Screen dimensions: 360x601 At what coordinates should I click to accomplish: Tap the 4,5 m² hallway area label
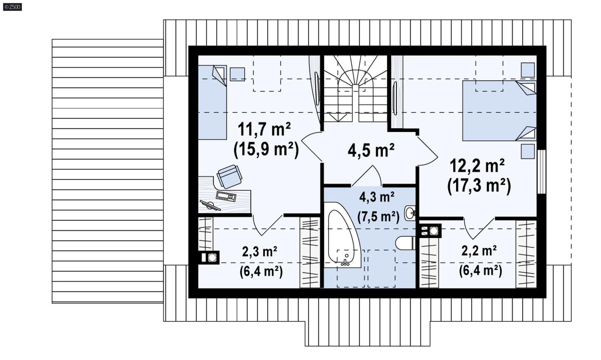click(371, 150)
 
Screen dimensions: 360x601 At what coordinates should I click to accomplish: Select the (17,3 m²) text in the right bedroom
click(479, 185)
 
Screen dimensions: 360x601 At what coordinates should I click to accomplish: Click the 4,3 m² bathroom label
click(377, 197)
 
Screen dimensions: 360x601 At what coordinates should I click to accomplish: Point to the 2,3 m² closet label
click(260, 252)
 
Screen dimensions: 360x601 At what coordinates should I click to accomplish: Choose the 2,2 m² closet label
click(479, 251)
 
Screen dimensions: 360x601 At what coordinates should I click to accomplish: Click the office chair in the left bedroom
click(229, 176)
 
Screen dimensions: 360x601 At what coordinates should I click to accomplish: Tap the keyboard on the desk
click(226, 196)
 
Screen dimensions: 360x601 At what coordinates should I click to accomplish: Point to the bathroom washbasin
click(410, 213)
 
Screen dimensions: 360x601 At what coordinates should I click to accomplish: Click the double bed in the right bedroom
click(498, 111)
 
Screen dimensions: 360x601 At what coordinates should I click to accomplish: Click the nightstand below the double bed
click(527, 151)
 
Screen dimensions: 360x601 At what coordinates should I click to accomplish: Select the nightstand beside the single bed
click(237, 74)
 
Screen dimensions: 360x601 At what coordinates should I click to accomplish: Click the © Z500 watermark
click(12, 7)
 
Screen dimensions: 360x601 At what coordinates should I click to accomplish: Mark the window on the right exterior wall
click(541, 172)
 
